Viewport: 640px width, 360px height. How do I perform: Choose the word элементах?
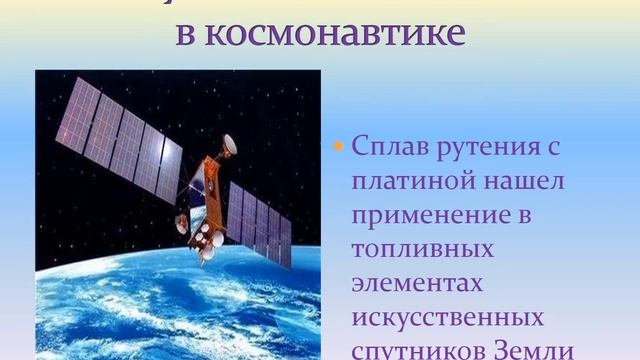[417, 283]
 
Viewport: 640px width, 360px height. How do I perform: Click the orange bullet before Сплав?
[337, 146]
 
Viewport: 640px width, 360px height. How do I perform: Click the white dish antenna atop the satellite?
[229, 144]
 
